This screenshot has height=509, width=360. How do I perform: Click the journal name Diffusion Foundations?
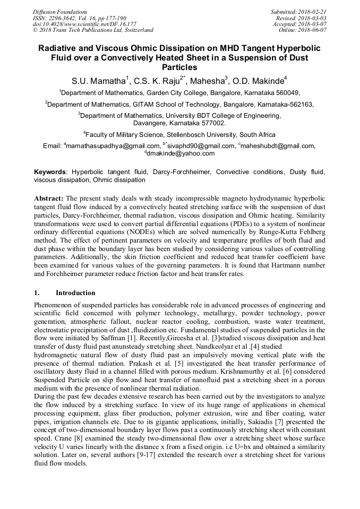coord(54,11)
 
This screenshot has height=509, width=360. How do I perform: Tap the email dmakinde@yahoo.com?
coord(181,153)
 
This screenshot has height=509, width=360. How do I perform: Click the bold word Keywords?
coord(50,172)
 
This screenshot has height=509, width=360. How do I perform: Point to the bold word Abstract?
coord(49,198)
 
